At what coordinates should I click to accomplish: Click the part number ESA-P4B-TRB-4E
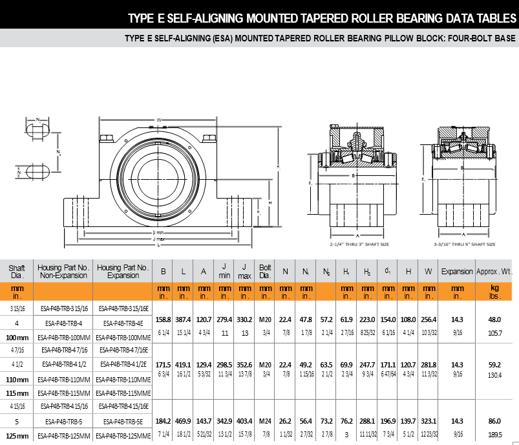tap(122, 323)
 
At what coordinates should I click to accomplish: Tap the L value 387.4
tap(183, 320)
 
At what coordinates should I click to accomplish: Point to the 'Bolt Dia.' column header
tap(265, 270)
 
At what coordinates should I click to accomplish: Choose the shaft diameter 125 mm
tap(17, 437)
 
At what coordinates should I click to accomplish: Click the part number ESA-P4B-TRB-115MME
tap(122, 393)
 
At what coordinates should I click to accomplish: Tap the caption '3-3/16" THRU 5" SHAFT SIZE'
tap(464, 244)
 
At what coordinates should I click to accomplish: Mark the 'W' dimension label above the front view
tap(158, 120)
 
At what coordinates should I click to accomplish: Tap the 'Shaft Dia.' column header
tap(17, 270)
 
